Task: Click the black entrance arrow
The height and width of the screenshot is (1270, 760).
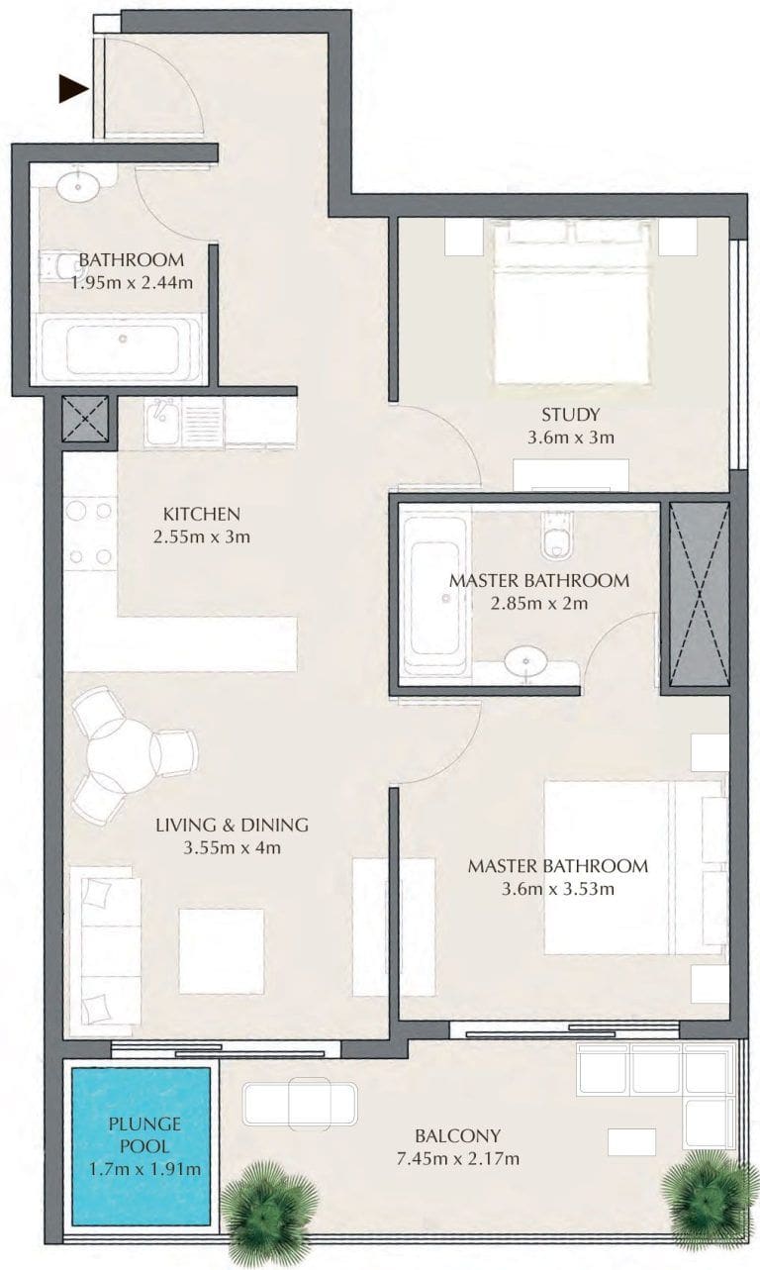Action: (73, 88)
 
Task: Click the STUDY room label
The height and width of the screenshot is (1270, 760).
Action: (570, 415)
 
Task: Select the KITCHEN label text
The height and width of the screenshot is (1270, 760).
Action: (202, 515)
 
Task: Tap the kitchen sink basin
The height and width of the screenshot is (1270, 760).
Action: (161, 422)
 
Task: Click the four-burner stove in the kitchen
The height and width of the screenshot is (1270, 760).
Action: (88, 534)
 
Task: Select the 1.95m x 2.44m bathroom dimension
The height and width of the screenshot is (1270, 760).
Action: (132, 282)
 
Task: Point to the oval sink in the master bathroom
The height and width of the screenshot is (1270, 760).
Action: (525, 661)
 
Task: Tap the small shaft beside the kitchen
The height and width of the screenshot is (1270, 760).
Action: (85, 419)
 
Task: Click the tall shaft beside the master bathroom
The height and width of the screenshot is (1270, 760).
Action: (700, 594)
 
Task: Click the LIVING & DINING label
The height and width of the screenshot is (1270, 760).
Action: (232, 825)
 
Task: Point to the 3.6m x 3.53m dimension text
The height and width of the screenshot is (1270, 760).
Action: (558, 889)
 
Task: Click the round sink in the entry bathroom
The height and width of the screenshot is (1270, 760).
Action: (78, 186)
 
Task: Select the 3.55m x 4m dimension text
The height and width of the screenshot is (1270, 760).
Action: (232, 848)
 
